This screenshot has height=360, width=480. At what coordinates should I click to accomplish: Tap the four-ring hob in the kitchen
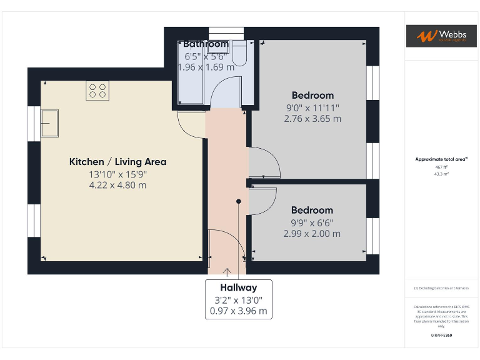point(97,91)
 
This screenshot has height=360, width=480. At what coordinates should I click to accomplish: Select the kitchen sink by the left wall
point(49,123)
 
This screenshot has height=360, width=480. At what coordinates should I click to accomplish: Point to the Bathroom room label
point(206,44)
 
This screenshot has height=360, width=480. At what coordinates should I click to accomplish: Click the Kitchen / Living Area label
point(117,162)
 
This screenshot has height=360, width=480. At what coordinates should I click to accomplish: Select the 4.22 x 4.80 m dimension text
point(117,185)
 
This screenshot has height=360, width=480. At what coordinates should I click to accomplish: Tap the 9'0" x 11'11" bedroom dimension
point(312,107)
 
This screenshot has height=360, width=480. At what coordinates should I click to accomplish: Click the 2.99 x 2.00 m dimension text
point(312,234)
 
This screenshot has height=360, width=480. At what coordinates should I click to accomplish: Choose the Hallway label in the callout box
point(238,288)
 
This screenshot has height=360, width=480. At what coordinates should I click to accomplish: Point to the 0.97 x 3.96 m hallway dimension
point(238,311)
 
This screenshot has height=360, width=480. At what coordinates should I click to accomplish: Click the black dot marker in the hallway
point(238,201)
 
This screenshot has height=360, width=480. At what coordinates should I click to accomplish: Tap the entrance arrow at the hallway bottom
point(226,272)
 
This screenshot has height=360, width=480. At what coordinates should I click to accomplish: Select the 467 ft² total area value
point(441,167)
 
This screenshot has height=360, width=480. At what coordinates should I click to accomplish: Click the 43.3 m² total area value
point(441,174)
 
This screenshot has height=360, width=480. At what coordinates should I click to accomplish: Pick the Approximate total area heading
point(441,159)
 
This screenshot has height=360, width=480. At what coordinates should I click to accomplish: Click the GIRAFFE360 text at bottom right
point(441,336)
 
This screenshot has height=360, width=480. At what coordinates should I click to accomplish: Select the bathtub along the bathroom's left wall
point(191,78)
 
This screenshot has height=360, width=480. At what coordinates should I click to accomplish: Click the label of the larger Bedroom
point(312,96)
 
